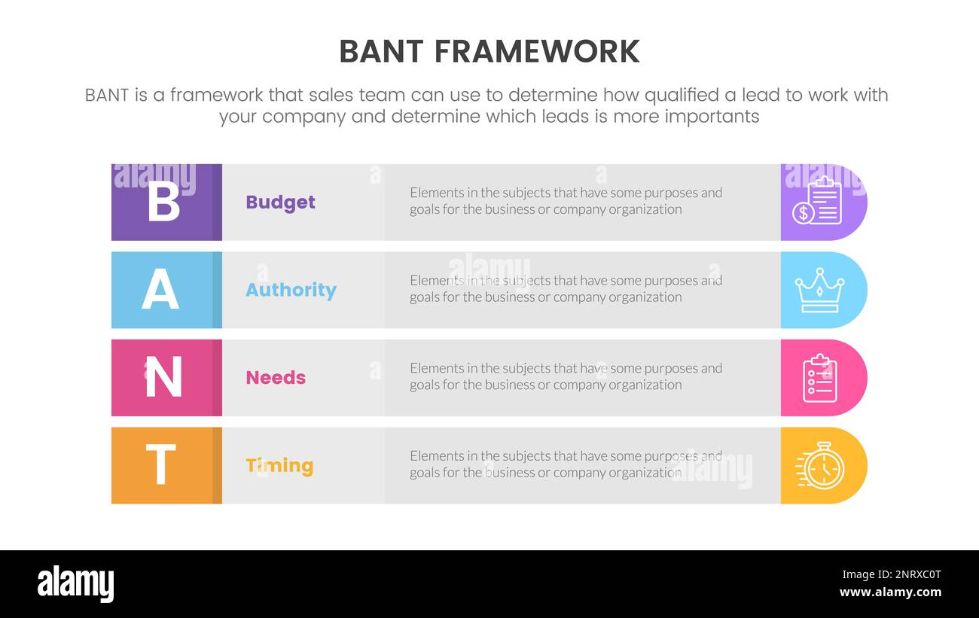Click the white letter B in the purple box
(163, 201)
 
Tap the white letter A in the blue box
(160, 290)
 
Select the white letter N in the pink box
(163, 377)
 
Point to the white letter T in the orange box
(160, 464)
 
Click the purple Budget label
(280, 202)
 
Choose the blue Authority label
(291, 290)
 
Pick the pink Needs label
(276, 377)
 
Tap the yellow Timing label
(279, 465)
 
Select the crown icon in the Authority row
(819, 290)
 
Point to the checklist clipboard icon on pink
(819, 377)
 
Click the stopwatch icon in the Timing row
(820, 466)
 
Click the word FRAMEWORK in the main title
(536, 51)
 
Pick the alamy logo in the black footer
(75, 584)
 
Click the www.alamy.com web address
(890, 592)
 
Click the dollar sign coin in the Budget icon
(803, 213)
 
